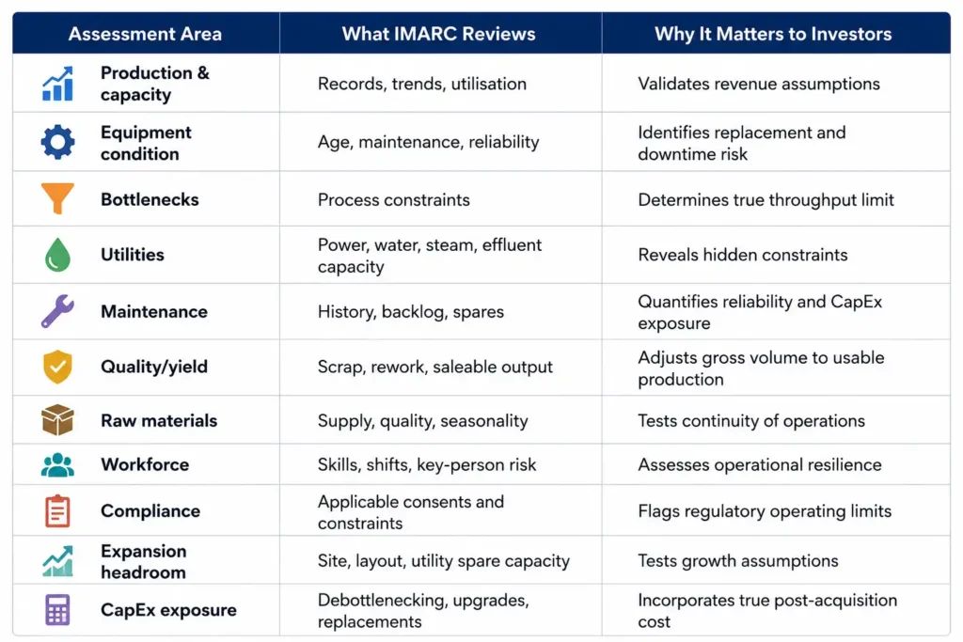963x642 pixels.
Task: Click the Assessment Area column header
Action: point(145,34)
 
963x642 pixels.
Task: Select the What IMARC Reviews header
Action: point(438,34)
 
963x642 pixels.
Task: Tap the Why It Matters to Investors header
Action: point(773,34)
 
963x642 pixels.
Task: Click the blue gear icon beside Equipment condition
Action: point(57,142)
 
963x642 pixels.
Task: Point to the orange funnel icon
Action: point(57,197)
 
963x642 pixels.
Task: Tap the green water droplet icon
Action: point(57,255)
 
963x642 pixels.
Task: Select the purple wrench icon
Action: point(57,311)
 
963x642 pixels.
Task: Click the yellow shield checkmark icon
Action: point(57,367)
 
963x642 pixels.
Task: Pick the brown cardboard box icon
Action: point(57,420)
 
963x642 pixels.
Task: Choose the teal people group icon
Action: point(57,464)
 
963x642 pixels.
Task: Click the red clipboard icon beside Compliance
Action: point(57,510)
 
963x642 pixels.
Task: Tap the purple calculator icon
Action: point(57,609)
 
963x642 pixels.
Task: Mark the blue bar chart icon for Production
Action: point(57,84)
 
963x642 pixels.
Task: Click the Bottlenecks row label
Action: point(150,199)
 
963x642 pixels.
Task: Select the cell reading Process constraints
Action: point(394,199)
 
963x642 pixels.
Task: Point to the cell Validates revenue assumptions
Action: point(759,84)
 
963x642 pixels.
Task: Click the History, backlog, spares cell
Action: point(411,312)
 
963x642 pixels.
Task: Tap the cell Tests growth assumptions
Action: point(738,561)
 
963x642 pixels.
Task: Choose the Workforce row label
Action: point(145,464)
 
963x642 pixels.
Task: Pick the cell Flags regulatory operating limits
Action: point(765,511)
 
